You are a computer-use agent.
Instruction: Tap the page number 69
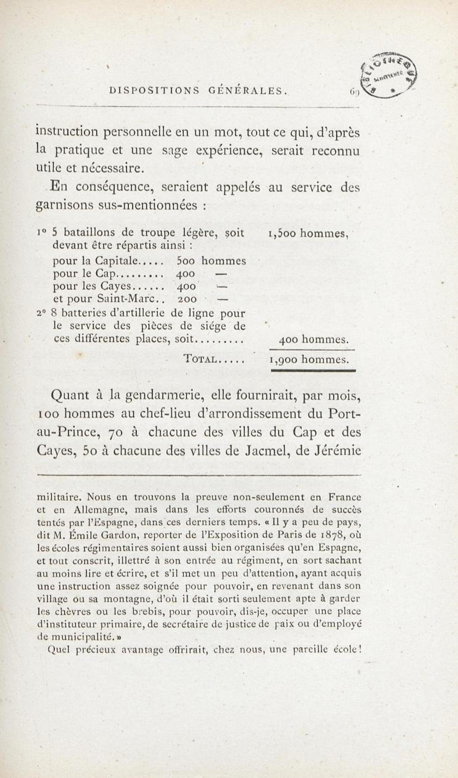click(x=354, y=92)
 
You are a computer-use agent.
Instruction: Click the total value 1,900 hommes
click(x=309, y=359)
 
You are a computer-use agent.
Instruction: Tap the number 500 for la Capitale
click(x=186, y=261)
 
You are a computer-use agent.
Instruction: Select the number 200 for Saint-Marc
click(x=187, y=299)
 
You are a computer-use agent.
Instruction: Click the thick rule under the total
click(x=313, y=370)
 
